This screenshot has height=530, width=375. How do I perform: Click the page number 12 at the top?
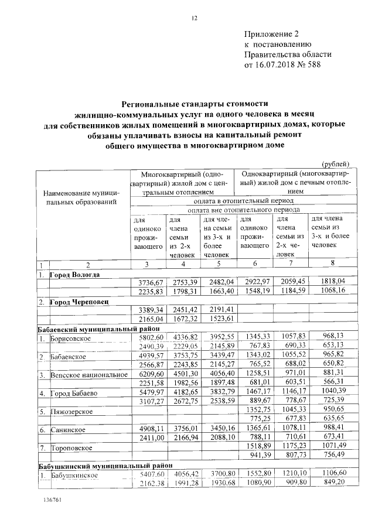[195, 18]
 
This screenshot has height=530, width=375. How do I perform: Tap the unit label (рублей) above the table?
[336, 163]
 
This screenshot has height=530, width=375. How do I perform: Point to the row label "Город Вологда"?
[74, 274]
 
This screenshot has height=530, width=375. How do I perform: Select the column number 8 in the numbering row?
[332, 264]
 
